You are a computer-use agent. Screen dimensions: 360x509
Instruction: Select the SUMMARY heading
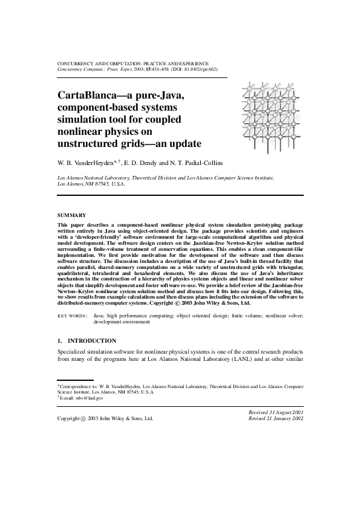click(71, 215)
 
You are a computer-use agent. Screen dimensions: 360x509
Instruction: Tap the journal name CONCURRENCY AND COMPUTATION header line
click(133, 63)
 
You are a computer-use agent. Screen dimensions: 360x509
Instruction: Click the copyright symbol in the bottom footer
click(82, 418)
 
